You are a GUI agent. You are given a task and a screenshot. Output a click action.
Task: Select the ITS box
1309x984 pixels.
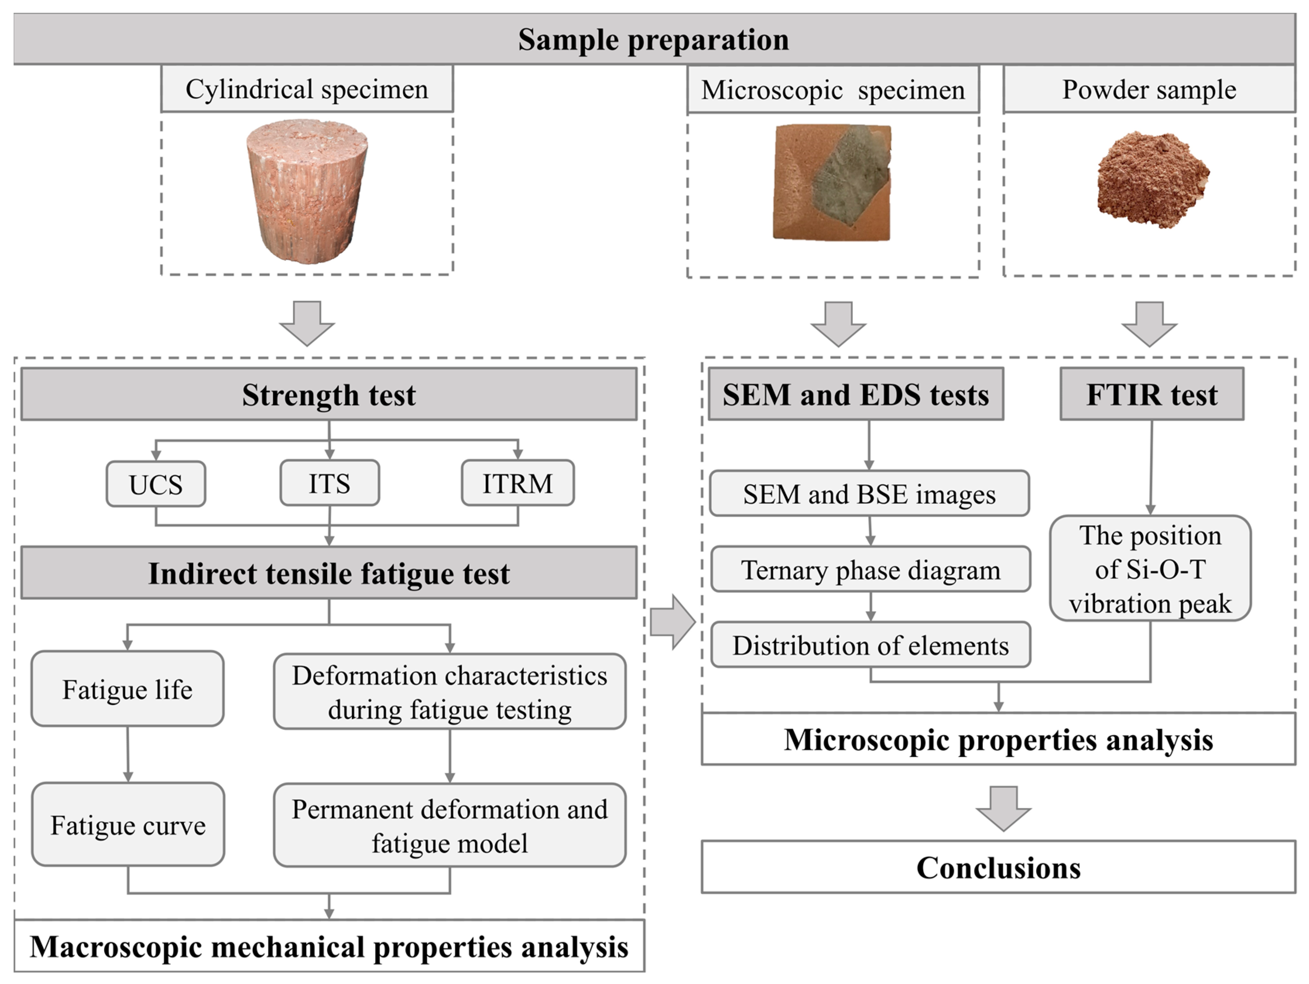tap(330, 483)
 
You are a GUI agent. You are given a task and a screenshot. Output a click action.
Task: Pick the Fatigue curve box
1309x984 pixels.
tap(128, 825)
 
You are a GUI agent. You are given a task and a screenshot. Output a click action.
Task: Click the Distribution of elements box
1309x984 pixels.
tap(870, 645)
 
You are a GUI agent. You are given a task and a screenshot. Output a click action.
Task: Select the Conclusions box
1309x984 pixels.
tap(998, 867)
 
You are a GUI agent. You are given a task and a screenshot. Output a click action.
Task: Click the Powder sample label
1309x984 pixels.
tap(1149, 90)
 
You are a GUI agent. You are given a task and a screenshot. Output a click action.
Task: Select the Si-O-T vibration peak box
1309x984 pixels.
tap(1150, 569)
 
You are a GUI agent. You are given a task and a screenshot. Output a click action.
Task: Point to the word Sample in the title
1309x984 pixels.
tap(569, 40)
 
